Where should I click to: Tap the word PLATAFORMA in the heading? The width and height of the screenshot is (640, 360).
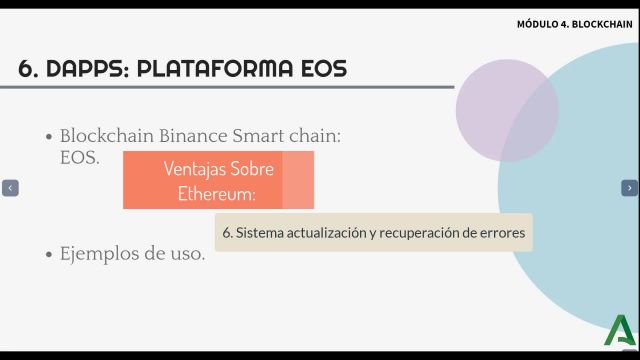coord(216,68)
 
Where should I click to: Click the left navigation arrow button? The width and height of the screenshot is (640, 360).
coord(10,187)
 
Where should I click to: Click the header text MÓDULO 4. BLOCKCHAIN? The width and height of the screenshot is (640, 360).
coord(574,24)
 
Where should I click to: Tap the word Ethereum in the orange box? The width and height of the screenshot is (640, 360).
coord(215,191)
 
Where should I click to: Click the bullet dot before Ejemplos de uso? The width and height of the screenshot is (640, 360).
coord(48,254)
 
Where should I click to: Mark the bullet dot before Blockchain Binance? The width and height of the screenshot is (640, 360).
coord(48,137)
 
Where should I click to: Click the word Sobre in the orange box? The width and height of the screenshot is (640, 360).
coord(253,168)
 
